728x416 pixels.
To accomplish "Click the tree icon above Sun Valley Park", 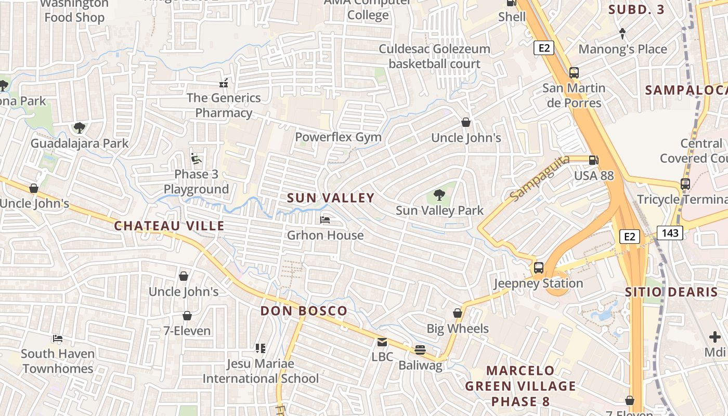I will [x=439, y=196].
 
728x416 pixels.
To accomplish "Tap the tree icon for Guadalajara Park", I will [x=79, y=127].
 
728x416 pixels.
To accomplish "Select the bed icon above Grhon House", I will [x=325, y=220].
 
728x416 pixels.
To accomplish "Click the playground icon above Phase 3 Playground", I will [x=196, y=159].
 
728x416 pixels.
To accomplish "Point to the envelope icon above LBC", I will [x=382, y=342].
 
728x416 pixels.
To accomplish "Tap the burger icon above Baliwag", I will [x=420, y=350].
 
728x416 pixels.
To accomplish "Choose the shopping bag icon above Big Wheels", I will [x=458, y=313].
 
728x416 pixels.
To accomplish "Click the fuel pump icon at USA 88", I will [x=593, y=160].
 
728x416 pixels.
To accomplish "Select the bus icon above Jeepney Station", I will [x=539, y=268].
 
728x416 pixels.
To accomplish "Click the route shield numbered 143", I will [x=670, y=232].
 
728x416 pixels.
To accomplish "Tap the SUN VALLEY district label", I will [x=331, y=198].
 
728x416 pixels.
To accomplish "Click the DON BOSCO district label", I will [x=304, y=311].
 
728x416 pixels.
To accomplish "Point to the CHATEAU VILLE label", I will [x=169, y=226].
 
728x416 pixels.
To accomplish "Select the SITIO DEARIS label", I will [x=671, y=292].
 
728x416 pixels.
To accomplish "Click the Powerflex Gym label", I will [x=338, y=137].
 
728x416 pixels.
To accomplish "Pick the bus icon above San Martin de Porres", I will [x=574, y=73].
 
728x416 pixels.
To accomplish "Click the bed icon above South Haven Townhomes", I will [x=57, y=339].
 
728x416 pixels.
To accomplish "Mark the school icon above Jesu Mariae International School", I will [x=261, y=348].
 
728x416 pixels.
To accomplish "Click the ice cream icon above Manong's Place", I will [x=622, y=34].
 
